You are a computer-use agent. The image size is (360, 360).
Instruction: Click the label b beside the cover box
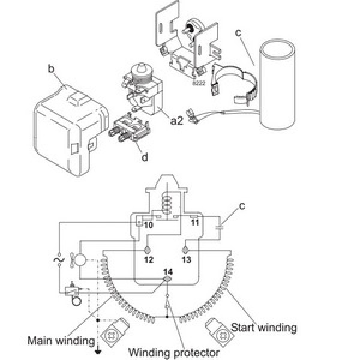52,70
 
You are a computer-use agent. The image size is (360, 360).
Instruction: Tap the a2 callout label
176,121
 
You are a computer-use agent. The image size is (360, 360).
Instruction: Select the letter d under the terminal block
144,157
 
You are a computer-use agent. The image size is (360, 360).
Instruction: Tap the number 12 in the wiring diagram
149,260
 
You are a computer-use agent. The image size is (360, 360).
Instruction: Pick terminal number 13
186,260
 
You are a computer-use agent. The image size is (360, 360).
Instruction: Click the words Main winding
53,341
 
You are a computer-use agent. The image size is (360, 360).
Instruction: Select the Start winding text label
264,328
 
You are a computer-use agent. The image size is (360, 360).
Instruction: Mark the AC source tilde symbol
59,260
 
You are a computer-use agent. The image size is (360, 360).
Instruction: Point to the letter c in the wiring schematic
242,206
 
